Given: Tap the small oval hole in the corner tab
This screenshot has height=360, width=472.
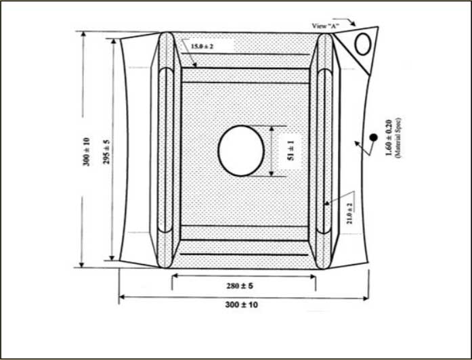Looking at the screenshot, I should click(363, 44).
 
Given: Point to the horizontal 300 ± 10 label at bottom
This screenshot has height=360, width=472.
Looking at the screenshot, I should click(242, 305).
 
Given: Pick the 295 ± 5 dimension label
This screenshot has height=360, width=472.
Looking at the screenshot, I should click(107, 151).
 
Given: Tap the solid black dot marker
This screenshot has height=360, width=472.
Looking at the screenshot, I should click(373, 138).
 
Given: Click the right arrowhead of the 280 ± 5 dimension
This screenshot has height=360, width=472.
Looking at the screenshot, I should click(313, 276).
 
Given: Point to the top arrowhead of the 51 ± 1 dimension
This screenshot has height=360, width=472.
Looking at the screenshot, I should click(271, 128).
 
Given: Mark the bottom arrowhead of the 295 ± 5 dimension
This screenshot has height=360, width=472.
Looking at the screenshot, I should click(112, 258).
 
